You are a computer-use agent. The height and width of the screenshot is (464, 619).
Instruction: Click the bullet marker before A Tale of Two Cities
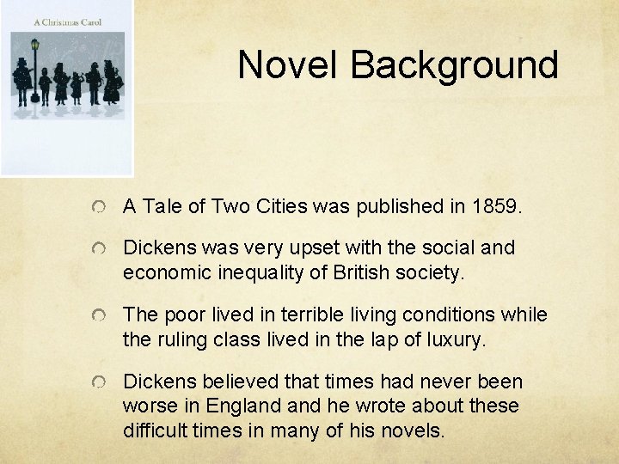click(x=101, y=207)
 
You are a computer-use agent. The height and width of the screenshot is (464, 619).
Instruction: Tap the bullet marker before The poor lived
click(x=101, y=316)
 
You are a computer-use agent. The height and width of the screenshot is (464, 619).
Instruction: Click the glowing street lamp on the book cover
click(x=35, y=44)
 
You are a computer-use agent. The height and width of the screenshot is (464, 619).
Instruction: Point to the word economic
click(x=163, y=273)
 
